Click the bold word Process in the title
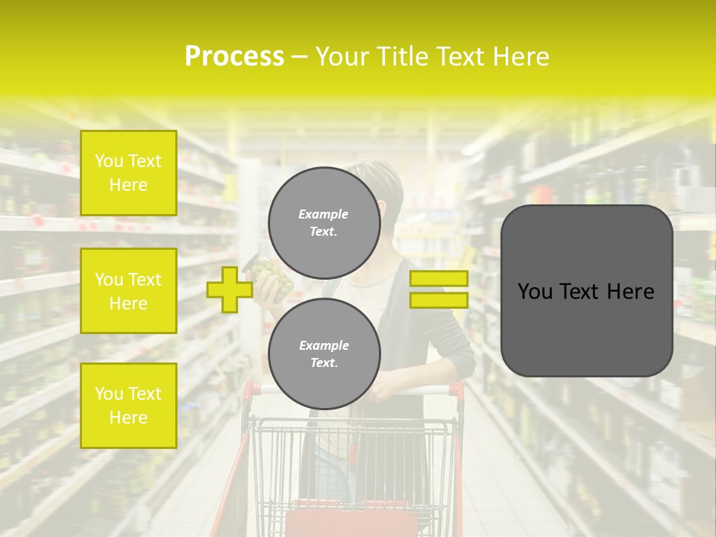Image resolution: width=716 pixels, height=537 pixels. tap(234, 57)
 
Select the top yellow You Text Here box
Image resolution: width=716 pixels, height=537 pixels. tap(128, 173)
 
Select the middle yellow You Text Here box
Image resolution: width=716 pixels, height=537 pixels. tap(128, 291)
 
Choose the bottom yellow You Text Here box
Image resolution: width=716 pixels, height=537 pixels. tap(128, 405)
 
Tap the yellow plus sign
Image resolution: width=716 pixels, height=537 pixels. tap(229, 289)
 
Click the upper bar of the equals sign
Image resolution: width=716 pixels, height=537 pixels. tap(439, 278)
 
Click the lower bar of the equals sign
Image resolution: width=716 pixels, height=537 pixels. tap(439, 300)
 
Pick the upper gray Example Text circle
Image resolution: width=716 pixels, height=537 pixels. tap(324, 223)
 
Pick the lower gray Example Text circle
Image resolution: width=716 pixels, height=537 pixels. tap(324, 354)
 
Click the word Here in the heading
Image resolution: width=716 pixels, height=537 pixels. tap(523, 57)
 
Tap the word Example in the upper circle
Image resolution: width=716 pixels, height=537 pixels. tap(323, 214)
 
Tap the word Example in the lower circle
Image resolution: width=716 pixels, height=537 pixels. tap(324, 345)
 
